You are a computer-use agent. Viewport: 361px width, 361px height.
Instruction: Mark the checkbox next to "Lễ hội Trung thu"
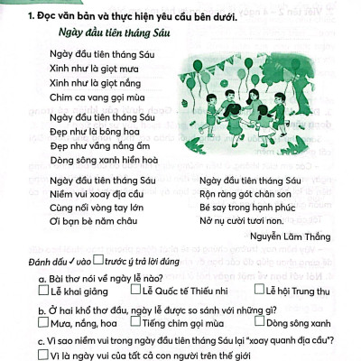pos(258,291)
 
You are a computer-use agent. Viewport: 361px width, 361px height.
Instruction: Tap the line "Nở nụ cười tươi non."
pos(246,220)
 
